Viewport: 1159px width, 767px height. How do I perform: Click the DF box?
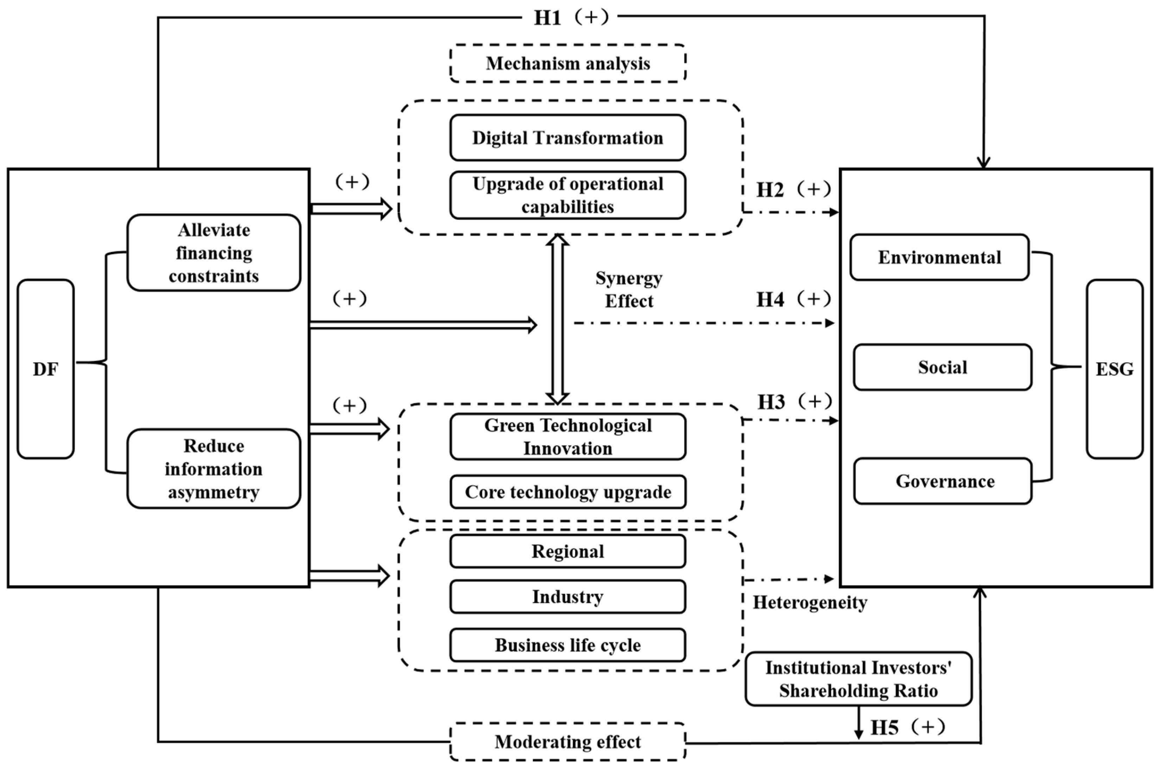[45, 369]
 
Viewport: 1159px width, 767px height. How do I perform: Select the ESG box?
[1114, 369]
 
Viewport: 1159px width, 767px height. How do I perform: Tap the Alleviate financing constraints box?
[214, 253]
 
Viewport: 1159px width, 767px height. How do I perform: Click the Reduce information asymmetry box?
[214, 469]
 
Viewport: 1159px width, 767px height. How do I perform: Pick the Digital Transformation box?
[568, 138]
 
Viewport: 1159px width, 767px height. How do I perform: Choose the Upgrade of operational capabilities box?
[568, 195]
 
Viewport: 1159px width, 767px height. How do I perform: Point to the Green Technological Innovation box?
[568, 437]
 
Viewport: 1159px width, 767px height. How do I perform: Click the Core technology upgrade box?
[568, 492]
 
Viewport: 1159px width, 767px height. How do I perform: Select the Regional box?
[568, 551]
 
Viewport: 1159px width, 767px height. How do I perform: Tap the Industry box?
[568, 597]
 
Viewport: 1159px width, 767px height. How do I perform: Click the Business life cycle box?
[568, 645]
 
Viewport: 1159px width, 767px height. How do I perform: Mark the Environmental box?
[939, 257]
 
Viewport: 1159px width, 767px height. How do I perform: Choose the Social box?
[943, 367]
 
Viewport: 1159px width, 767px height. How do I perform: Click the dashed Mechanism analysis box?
[568, 64]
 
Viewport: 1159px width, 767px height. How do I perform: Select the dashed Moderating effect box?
[568, 742]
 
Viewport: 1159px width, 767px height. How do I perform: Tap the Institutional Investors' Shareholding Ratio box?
[859, 679]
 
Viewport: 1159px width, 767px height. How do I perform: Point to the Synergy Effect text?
[629, 290]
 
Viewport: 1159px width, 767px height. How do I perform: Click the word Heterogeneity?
[809, 602]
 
